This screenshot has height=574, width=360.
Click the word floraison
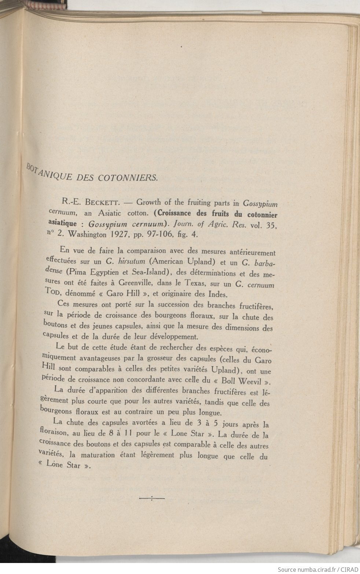[x=54, y=434]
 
